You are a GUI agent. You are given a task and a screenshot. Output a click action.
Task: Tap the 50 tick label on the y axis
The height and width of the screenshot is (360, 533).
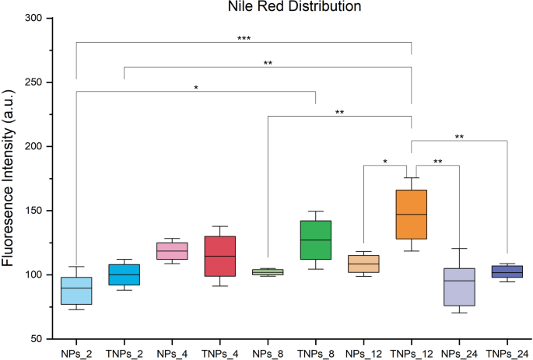pyautogui.click(x=35, y=339)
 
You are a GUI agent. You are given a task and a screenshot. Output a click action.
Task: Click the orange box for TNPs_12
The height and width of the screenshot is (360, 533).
pyautogui.click(x=411, y=214)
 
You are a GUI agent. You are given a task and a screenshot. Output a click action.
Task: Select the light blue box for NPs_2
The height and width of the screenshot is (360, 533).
pyautogui.click(x=76, y=291)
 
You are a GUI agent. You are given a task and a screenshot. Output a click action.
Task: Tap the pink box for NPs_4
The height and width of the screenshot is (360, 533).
pyautogui.click(x=172, y=250)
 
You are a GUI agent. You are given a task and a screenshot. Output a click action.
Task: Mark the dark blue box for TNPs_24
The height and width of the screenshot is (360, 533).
pyautogui.click(x=507, y=271)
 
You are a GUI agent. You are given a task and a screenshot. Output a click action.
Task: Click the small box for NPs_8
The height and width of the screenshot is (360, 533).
pyautogui.click(x=268, y=272)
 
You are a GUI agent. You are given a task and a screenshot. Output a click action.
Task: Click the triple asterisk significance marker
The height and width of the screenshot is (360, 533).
pyautogui.click(x=244, y=37)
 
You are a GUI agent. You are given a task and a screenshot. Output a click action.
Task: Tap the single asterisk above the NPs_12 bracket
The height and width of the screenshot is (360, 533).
pyautogui.click(x=386, y=161)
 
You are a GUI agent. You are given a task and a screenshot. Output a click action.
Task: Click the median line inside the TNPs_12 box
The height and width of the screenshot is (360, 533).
pyautogui.click(x=411, y=214)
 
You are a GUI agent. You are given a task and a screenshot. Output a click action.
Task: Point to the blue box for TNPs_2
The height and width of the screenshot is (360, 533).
pyautogui.click(x=124, y=274)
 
